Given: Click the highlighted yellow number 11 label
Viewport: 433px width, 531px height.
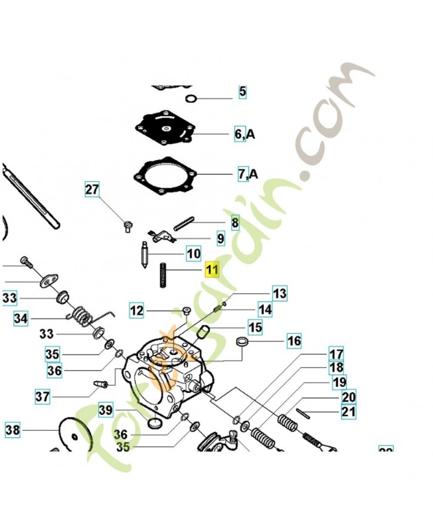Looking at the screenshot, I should click(211, 269).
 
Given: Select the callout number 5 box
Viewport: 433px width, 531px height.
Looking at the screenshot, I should click(242, 92).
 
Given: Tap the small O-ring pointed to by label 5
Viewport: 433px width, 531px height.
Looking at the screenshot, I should click(191, 99).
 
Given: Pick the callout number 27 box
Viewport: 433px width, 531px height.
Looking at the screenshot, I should click(92, 190).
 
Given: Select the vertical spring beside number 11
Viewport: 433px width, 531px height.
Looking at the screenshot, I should click(161, 275).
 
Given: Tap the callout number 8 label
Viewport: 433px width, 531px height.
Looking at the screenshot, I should click(234, 222).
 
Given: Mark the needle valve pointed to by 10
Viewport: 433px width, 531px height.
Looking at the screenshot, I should click(145, 254).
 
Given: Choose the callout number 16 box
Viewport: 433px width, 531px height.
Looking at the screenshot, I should click(294, 341).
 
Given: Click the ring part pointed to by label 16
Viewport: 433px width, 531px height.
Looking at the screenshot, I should click(243, 343).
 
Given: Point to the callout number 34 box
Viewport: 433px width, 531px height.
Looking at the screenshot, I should click(21, 319).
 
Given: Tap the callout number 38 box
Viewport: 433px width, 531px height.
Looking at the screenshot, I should click(13, 430).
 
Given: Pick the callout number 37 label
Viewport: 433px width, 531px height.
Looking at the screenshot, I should click(43, 397).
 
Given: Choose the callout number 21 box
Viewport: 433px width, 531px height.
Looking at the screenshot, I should click(348, 412).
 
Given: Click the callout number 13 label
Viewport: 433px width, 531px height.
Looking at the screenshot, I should click(279, 293).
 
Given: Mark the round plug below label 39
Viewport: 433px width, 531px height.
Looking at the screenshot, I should click(155, 423).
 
